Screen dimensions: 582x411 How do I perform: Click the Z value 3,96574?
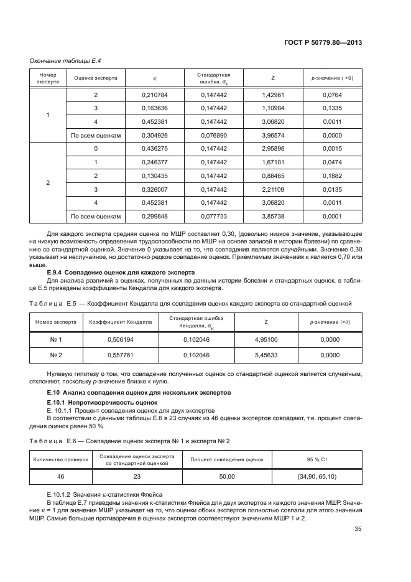pos(274,135)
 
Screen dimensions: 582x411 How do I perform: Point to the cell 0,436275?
pos(155,148)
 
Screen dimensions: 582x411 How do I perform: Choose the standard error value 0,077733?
pos(214,216)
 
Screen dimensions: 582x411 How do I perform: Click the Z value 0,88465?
pos(274,176)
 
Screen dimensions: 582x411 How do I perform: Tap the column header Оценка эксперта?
pos(96,78)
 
